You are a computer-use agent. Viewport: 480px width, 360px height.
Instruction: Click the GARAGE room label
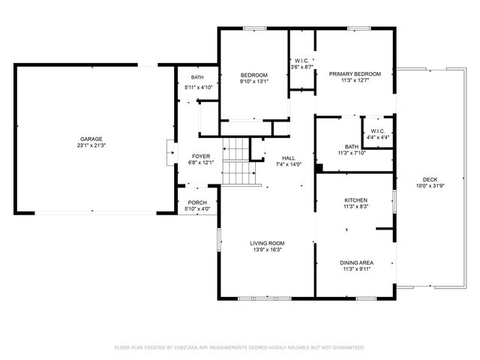[91, 139]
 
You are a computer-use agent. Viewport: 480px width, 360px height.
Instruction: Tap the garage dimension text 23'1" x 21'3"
[91, 147]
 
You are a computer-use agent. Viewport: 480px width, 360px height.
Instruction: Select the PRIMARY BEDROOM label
[355, 74]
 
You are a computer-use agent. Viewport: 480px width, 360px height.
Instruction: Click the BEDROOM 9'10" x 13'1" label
[254, 75]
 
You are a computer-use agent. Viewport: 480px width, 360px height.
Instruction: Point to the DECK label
[430, 179]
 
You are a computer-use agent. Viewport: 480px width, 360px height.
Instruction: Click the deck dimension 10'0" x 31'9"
[430, 187]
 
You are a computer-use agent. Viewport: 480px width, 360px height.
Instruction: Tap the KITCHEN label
[355, 200]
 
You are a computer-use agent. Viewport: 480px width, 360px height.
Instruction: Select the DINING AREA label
[356, 262]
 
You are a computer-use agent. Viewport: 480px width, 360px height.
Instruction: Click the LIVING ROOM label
[267, 243]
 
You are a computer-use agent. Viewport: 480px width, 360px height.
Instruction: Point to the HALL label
[288, 157]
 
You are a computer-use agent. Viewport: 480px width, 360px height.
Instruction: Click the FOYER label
[200, 156]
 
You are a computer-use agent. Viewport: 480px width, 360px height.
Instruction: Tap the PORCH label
[197, 202]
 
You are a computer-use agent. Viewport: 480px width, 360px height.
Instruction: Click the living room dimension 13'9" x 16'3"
[267, 250]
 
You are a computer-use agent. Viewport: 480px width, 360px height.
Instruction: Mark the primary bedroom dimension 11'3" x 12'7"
[355, 82]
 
